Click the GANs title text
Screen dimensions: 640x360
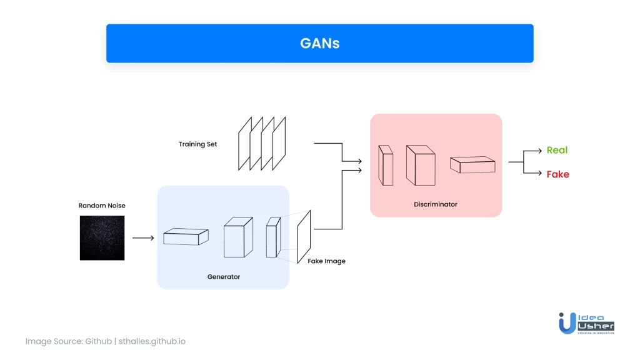[x=319, y=43]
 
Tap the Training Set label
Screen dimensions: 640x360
[x=197, y=144]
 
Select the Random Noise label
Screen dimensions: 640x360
[x=102, y=205]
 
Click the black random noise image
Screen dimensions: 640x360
[x=102, y=238]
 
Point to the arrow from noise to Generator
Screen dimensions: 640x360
[x=143, y=238]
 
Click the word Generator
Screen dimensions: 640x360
[x=224, y=277]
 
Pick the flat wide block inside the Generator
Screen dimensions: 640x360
[x=186, y=236]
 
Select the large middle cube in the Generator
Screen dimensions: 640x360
[x=238, y=237]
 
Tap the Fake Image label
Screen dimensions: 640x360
[x=326, y=261]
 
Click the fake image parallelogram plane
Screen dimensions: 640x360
[x=304, y=237]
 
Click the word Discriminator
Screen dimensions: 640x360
[x=436, y=204]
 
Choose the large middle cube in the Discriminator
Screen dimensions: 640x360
[x=421, y=165]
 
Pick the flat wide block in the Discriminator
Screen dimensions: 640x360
[x=472, y=164]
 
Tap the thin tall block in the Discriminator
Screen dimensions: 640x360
[x=386, y=165]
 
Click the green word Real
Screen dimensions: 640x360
[x=557, y=150]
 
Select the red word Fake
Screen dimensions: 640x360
[x=558, y=174]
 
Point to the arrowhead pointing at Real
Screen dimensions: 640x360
[x=539, y=151]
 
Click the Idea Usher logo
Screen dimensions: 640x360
[x=586, y=323]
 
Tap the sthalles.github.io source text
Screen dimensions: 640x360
[x=152, y=341]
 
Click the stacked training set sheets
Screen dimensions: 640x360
[x=262, y=143]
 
